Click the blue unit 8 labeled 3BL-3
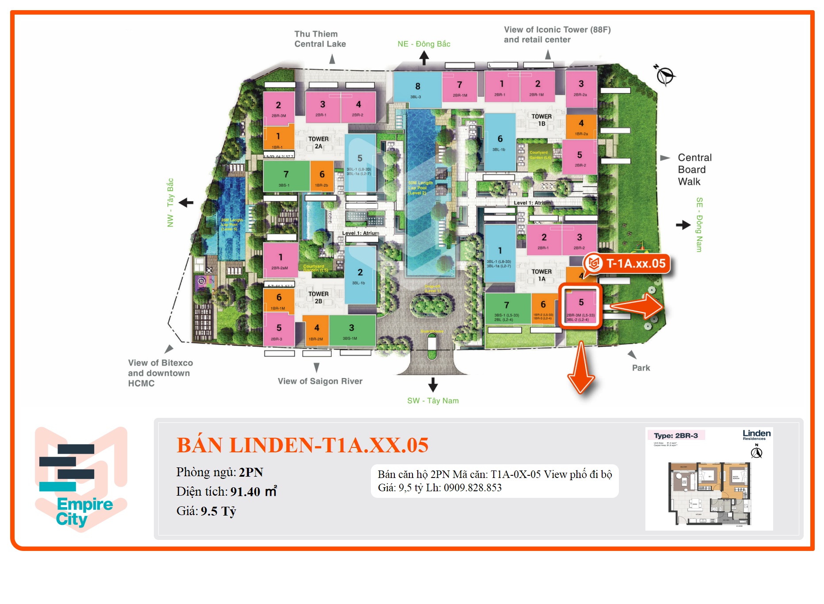pyautogui.click(x=417, y=90)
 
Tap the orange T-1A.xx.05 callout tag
pyautogui.click(x=628, y=264)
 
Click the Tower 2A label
pyautogui.click(x=318, y=142)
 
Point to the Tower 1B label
pyautogui.click(x=542, y=120)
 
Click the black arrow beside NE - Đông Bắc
pyautogui.click(x=424, y=57)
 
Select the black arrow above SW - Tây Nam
pyautogui.click(x=433, y=384)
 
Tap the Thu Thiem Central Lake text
pyautogui.click(x=320, y=39)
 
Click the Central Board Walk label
pyautogui.click(x=694, y=170)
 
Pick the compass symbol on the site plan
pyautogui.click(x=664, y=75)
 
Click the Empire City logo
pyautogui.click(x=81, y=479)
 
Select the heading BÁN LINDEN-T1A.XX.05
pyautogui.click(x=302, y=445)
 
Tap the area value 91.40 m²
pyautogui.click(x=253, y=492)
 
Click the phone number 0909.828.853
pyautogui.click(x=473, y=488)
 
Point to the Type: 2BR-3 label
pyautogui.click(x=676, y=436)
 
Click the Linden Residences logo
pyautogui.click(x=756, y=435)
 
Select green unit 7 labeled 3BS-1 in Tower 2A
pyautogui.click(x=286, y=176)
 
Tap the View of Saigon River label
pyautogui.click(x=320, y=381)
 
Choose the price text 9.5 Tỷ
pyautogui.click(x=218, y=511)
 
